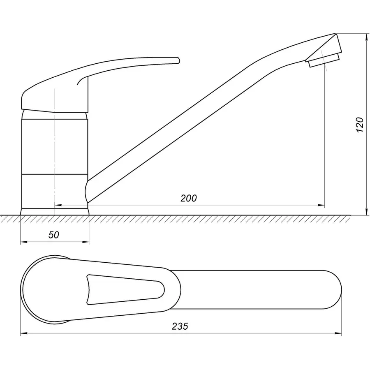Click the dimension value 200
189,198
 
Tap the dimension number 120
360,124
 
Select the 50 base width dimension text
54,235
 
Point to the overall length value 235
180,326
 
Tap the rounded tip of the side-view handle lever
178,60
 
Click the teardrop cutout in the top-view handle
125,289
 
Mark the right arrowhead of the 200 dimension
321,205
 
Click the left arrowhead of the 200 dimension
58,205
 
